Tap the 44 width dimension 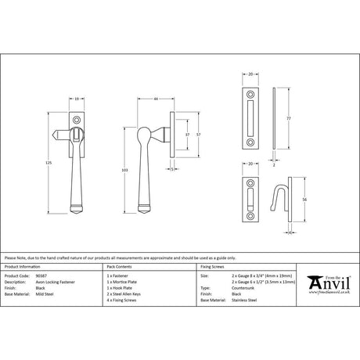(157, 99)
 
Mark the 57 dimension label (185, 135)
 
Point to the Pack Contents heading (118, 267)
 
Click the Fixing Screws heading (214, 267)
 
